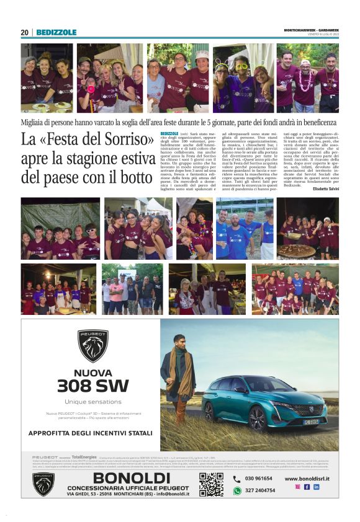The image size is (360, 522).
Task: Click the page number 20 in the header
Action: (24, 32)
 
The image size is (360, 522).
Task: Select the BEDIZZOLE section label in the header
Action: (56, 32)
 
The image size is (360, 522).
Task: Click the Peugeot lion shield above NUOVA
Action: (92, 345)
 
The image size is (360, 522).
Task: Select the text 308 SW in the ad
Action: (92, 386)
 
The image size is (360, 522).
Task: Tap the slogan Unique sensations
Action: (92, 401)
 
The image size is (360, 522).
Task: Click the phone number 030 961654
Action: (258, 478)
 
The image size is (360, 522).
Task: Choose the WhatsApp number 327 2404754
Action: (259, 490)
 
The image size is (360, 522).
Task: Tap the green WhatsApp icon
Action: (236, 490)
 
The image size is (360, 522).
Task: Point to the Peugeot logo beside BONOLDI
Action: (43, 484)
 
